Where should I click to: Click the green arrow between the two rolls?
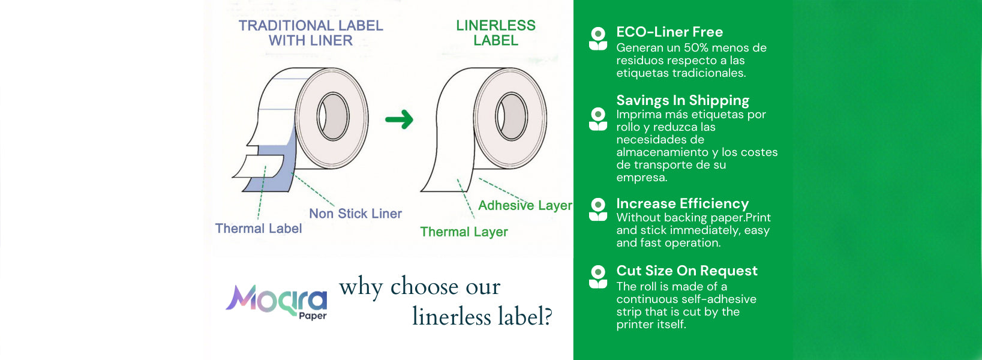click(400, 120)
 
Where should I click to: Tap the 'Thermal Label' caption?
click(258, 229)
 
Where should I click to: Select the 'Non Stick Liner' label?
click(355, 214)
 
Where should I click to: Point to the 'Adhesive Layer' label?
click(525, 206)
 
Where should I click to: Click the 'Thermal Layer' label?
click(464, 232)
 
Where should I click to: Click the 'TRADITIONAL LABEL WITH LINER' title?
click(311, 33)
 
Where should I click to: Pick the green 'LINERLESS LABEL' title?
click(496, 33)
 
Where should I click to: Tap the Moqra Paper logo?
click(277, 302)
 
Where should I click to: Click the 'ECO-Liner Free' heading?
click(669, 32)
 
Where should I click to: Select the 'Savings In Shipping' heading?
click(683, 100)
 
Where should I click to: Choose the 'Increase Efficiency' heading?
click(682, 203)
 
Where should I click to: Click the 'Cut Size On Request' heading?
click(686, 271)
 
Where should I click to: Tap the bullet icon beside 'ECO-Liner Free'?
click(598, 38)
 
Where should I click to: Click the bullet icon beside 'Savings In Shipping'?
click(598, 119)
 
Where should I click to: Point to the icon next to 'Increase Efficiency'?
click(598, 209)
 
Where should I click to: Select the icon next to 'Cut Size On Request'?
click(598, 277)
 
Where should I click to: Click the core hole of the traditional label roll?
click(333, 116)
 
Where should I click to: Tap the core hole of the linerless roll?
click(511, 116)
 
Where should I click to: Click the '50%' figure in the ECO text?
click(696, 47)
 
